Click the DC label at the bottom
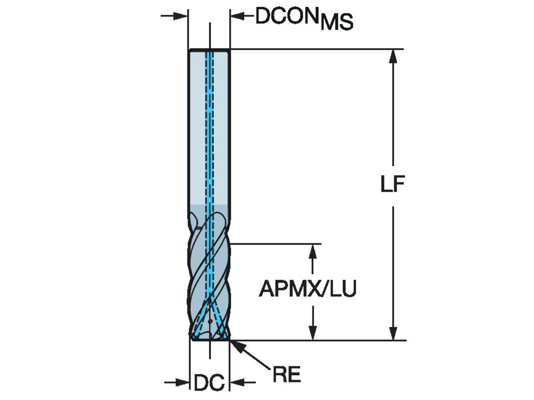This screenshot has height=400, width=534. point(209,383)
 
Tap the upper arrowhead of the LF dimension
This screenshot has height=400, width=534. point(392,56)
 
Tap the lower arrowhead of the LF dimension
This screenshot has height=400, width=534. point(392,333)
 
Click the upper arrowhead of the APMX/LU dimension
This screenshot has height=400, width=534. point(314,251)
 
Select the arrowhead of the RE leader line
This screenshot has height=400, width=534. point(235,345)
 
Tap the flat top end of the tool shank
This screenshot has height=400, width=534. point(209,50)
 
